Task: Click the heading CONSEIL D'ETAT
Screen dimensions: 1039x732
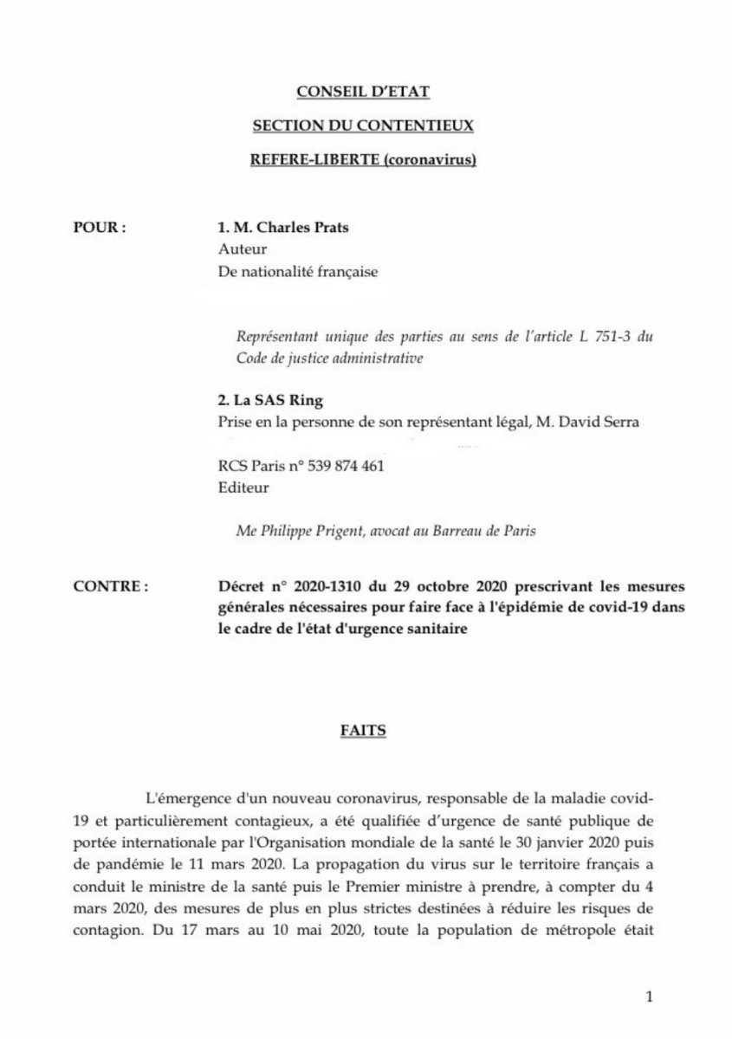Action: (362, 91)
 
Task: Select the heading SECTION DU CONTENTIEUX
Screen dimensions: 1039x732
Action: (362, 126)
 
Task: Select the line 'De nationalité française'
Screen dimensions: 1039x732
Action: (299, 272)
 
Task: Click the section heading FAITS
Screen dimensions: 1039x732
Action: (362, 731)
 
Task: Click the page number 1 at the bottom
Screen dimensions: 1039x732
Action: (649, 997)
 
